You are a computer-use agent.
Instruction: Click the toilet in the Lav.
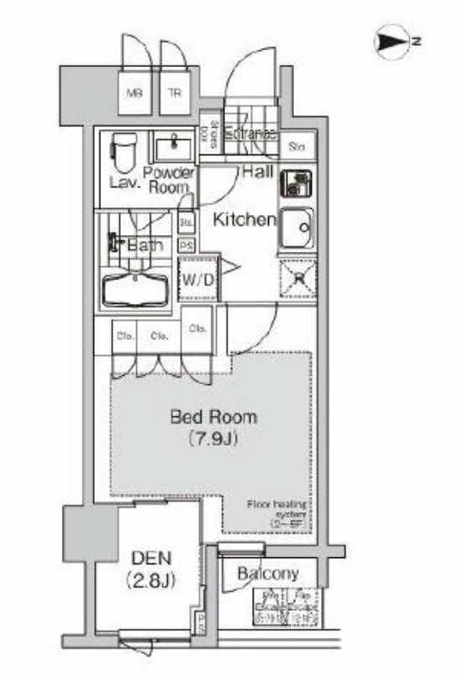click(x=124, y=152)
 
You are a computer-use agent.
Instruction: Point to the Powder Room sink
click(x=174, y=149)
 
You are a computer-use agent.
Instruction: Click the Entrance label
click(x=250, y=133)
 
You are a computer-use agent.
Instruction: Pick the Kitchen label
click(x=244, y=220)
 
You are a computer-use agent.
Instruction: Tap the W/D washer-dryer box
click(x=198, y=280)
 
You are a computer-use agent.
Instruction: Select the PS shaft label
click(x=187, y=245)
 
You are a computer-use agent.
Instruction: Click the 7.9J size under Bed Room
click(x=213, y=437)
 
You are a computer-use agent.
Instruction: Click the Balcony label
click(x=268, y=574)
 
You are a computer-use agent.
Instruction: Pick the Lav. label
click(x=124, y=181)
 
